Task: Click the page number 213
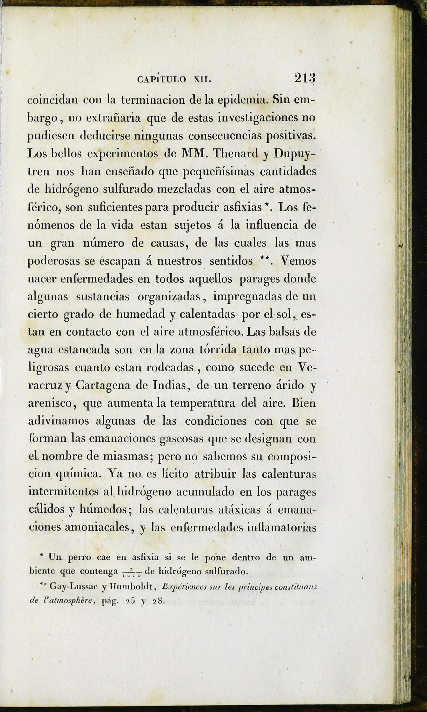[305, 78]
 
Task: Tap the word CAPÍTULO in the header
[162, 79]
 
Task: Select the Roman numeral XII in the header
[202, 79]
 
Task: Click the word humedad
[140, 314]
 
